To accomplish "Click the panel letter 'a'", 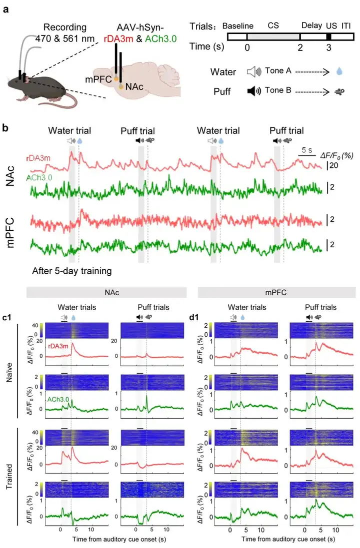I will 5,8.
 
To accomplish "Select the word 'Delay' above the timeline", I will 311,25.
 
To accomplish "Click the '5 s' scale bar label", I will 306,149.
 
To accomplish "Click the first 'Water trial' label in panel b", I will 69,131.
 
